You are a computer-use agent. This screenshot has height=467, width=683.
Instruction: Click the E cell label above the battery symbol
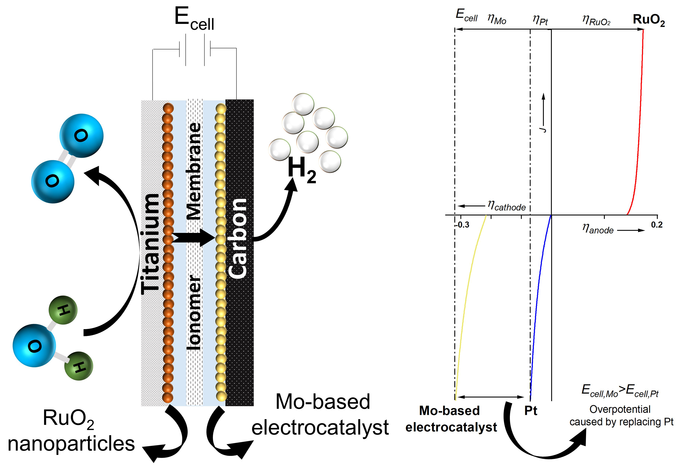tap(194, 19)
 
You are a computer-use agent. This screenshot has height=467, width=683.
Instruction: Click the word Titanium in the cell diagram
tap(151, 244)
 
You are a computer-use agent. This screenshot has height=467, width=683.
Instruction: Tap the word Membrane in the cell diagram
tap(194, 170)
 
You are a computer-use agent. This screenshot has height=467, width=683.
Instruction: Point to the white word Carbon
tap(238, 238)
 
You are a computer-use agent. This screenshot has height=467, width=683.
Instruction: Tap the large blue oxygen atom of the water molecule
tap(34, 346)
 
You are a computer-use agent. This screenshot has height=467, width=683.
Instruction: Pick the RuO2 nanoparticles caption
tap(71, 431)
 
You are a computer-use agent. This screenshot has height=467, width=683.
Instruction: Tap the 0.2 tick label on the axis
tap(657, 225)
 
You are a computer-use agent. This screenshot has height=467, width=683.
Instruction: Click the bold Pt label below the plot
tap(531, 411)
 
